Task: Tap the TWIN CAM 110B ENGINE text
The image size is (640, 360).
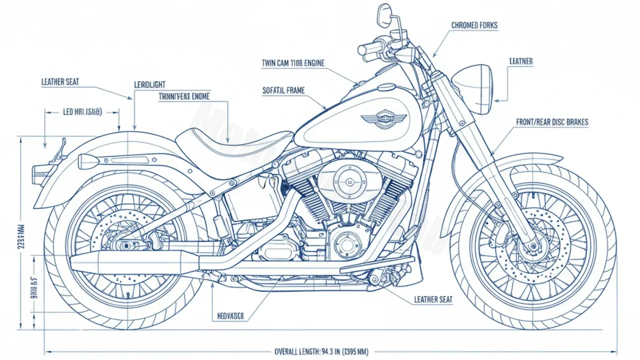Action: pyautogui.click(x=293, y=63)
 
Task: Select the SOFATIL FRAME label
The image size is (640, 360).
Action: pyautogui.click(x=284, y=91)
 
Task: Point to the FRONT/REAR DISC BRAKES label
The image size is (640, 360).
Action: pyautogui.click(x=552, y=122)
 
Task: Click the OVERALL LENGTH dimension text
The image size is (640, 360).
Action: pyautogui.click(x=321, y=351)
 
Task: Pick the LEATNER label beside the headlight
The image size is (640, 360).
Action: pyautogui.click(x=521, y=62)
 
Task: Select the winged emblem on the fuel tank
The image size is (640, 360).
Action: pyautogui.click(x=383, y=119)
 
